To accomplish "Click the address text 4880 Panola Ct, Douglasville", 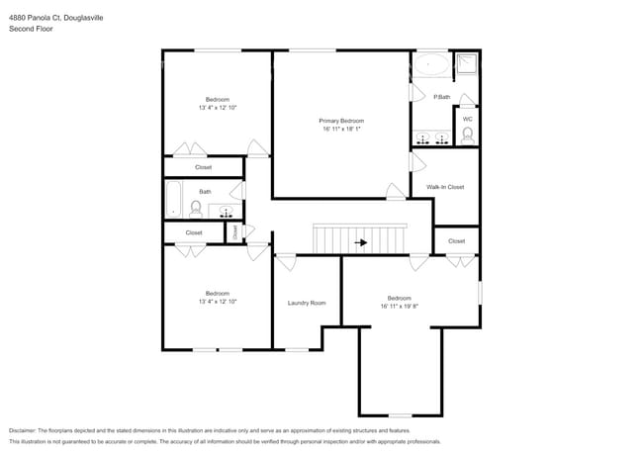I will click(x=56, y=18).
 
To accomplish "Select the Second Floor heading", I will click(x=31, y=29).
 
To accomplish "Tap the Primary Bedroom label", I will click(x=340, y=121).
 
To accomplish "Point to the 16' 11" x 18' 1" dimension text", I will click(x=340, y=130).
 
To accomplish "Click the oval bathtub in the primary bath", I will click(x=429, y=67).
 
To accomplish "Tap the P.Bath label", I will click(x=441, y=97).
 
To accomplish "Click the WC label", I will click(x=467, y=120).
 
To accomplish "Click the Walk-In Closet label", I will click(x=445, y=187).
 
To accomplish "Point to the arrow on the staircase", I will click(x=361, y=241).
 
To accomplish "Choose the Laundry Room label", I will click(x=307, y=303).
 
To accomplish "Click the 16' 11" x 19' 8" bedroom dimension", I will click(x=399, y=307).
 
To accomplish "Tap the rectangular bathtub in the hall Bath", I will click(x=174, y=199).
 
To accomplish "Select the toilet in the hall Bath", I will click(x=196, y=209).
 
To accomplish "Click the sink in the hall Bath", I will click(x=226, y=210).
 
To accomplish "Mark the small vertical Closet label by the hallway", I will click(x=234, y=232).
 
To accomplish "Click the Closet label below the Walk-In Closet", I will click(x=456, y=241).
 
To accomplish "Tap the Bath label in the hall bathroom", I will click(x=205, y=192).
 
